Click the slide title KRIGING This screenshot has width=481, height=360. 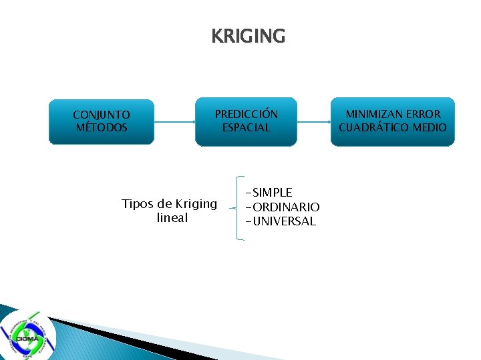point(248,35)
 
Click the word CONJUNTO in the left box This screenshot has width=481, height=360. point(102,115)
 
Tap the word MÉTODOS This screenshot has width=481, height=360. point(102,127)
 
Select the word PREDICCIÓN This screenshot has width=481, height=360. point(246,114)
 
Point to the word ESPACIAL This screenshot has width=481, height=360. point(246,127)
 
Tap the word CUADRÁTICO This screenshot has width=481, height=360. point(373,127)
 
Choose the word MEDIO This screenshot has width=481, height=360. point(430,127)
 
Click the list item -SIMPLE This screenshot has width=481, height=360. point(269,193)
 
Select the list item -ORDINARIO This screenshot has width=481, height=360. point(283,207)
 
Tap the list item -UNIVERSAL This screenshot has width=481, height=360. point(281,221)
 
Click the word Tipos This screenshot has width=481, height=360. point(138,204)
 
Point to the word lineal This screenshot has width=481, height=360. point(172,218)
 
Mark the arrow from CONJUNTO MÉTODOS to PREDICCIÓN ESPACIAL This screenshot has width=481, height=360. point(174,122)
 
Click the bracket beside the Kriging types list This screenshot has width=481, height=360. point(238,207)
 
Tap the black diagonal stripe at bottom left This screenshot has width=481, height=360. point(114,337)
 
